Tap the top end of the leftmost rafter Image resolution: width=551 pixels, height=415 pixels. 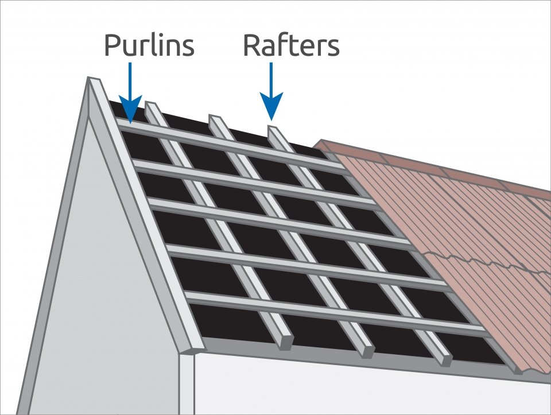point(150,105)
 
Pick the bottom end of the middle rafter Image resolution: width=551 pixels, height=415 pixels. point(366,352)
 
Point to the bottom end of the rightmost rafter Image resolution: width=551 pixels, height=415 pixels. point(445,360)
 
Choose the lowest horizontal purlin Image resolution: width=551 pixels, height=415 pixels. point(339,313)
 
